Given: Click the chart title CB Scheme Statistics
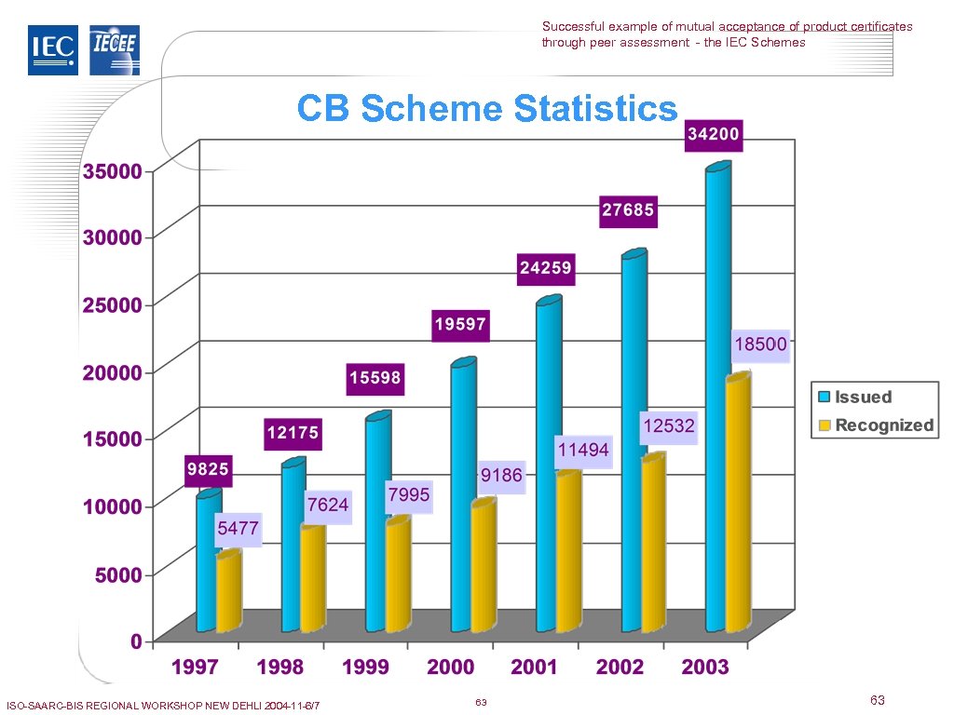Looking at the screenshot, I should [487, 109].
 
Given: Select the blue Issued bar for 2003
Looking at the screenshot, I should [717, 400].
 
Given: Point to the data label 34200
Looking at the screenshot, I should [714, 135].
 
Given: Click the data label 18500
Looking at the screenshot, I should [760, 344].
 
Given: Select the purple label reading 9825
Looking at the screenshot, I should [209, 469].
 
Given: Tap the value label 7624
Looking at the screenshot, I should [328, 505].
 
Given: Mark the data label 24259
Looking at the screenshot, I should [546, 268].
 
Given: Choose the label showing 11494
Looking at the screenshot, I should [583, 451].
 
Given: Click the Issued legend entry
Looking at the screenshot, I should [853, 397].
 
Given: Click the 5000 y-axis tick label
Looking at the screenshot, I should [118, 574].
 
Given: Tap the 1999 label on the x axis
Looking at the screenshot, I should [365, 667].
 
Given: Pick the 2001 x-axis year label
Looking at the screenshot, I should [535, 667].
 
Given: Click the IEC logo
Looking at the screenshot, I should [53, 50].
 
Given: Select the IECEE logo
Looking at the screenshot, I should [115, 50].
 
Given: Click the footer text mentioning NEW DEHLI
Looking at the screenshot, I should [163, 706].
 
